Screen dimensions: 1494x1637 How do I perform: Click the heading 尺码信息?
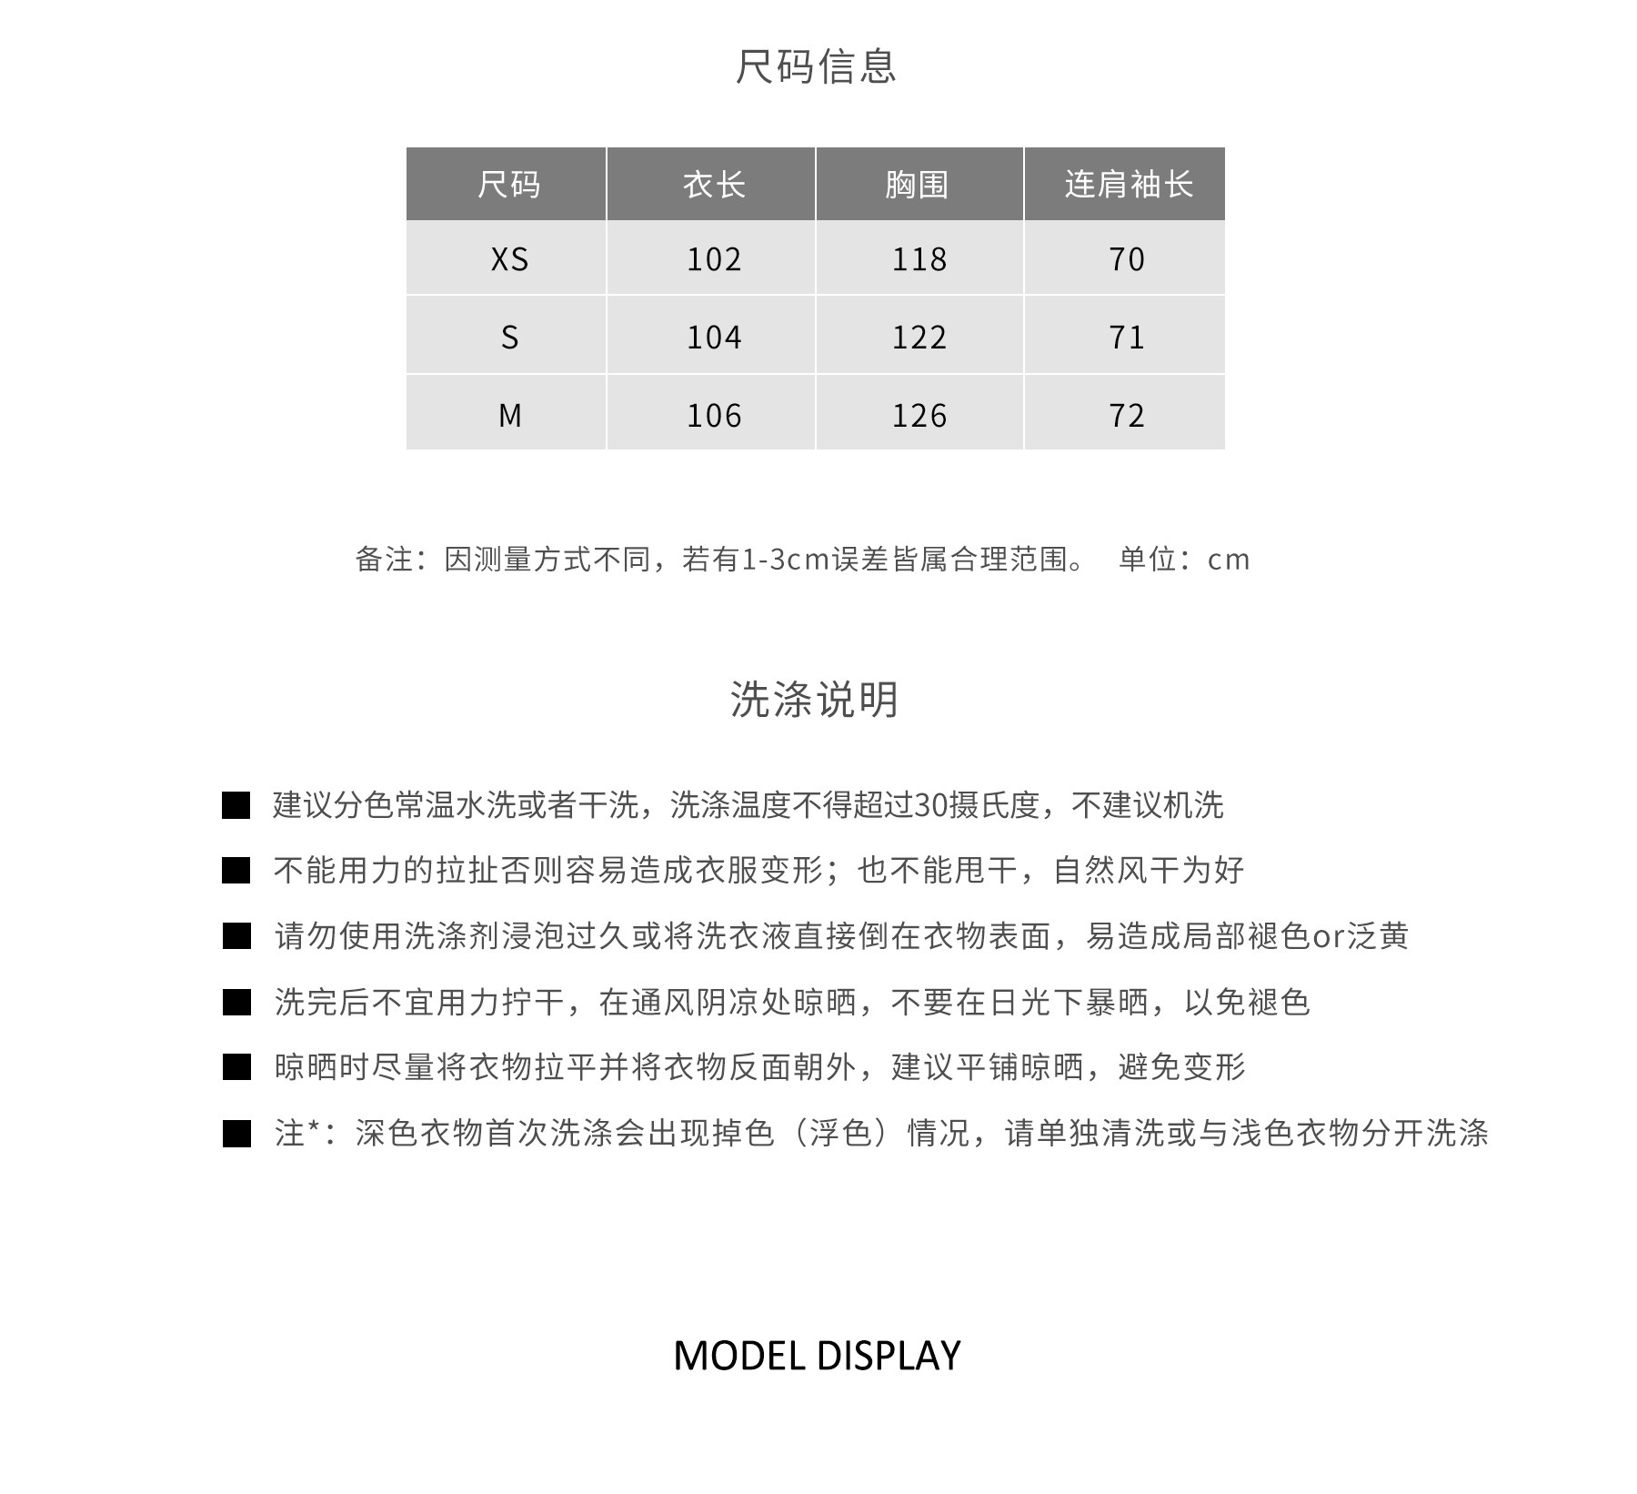pyautogui.click(x=816, y=66)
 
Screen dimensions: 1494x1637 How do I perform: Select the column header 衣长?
pyautogui.click(x=714, y=185)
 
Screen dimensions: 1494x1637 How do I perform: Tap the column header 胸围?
pyautogui.click(x=918, y=185)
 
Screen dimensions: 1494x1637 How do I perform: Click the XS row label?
pyautogui.click(x=509, y=260)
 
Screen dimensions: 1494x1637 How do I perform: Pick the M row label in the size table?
pyautogui.click(x=509, y=416)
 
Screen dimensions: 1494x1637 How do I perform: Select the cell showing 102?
pyautogui.click(x=714, y=260)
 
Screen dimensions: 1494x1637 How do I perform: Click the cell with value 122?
pyautogui.click(x=919, y=338)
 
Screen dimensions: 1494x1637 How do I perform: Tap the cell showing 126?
pyautogui.click(x=919, y=416)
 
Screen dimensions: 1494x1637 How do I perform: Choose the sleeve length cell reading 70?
pyautogui.click(x=1126, y=260)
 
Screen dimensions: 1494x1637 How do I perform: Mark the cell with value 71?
pyautogui.click(x=1126, y=338)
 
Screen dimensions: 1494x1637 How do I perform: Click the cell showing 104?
pyautogui.click(x=714, y=338)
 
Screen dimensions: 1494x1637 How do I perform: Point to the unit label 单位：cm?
pyautogui.click(x=1184, y=559)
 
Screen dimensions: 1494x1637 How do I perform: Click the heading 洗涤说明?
pyautogui.click(x=815, y=700)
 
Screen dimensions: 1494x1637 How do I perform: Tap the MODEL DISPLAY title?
pyautogui.click(x=817, y=1356)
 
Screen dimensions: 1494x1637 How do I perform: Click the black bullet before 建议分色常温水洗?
pyautogui.click(x=236, y=805)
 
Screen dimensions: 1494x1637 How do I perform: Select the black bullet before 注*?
pyautogui.click(x=236, y=1134)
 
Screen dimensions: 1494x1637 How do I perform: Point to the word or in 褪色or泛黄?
pyautogui.click(x=1328, y=936)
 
